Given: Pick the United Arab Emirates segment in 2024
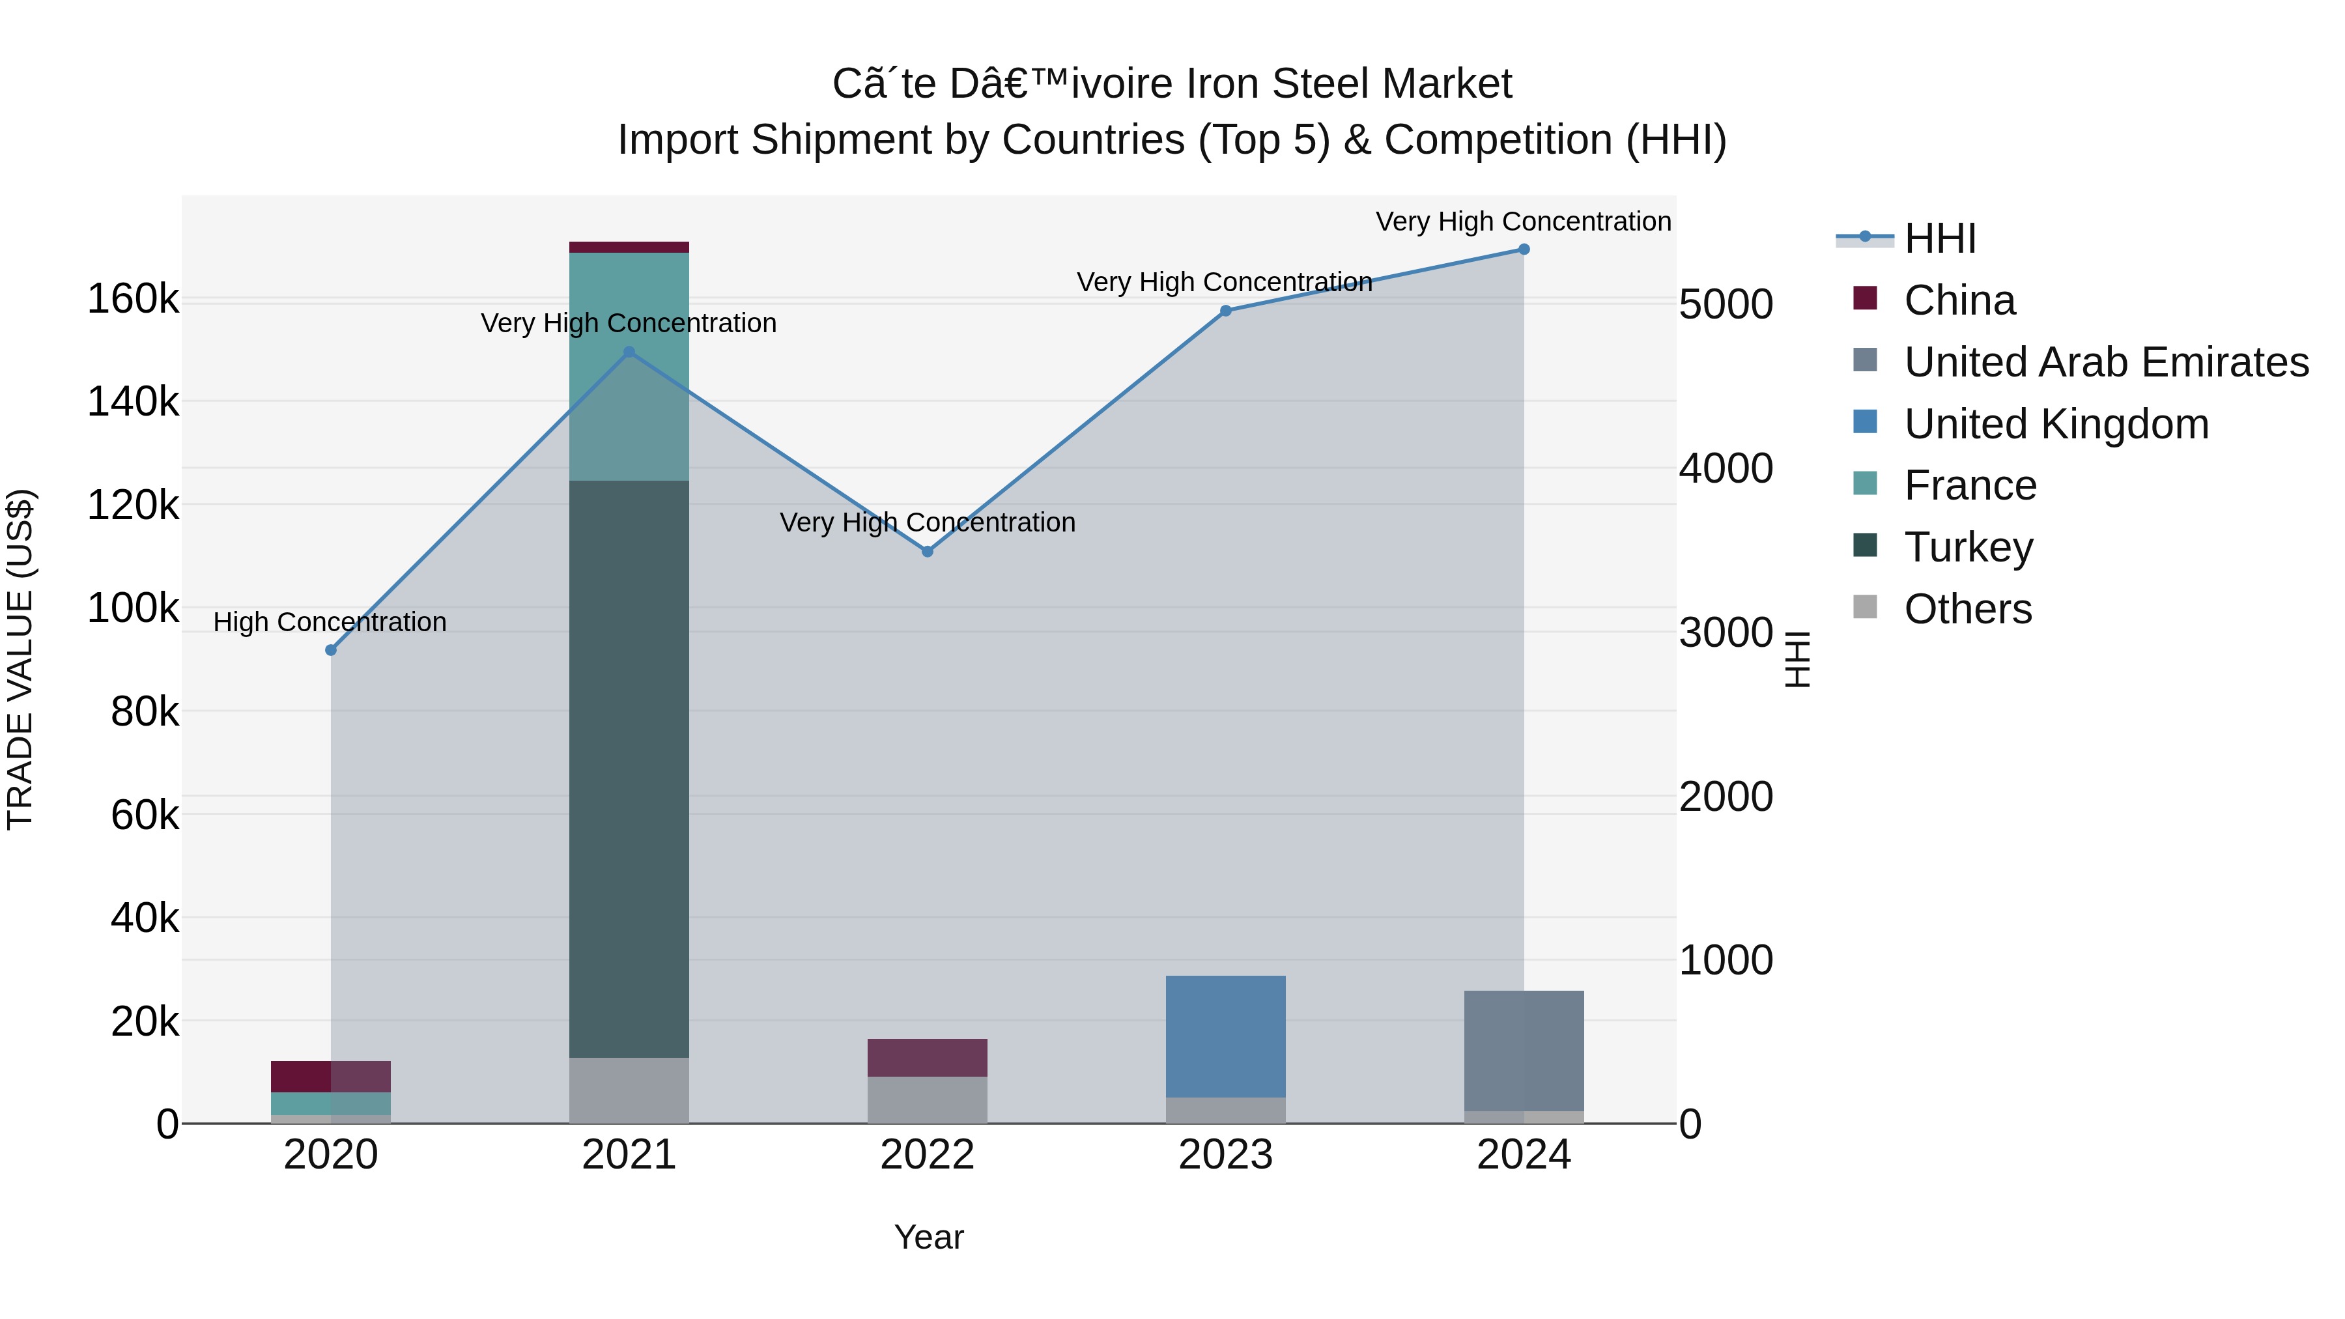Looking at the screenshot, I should click(1523, 1051).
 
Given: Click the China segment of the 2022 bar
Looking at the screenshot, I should click(927, 1058).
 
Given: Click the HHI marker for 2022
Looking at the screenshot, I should click(927, 552).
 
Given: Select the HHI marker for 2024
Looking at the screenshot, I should click(1523, 249).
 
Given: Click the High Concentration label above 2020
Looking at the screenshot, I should click(330, 623).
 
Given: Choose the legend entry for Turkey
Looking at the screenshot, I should click(1968, 547).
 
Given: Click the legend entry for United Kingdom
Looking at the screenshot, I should click(2056, 424).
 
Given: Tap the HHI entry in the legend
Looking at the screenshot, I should click(1939, 238).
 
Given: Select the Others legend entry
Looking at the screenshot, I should click(1967, 609).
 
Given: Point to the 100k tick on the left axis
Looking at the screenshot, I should click(133, 608).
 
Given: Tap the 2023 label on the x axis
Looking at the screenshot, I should click(1225, 1155).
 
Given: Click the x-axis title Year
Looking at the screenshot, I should click(928, 1237).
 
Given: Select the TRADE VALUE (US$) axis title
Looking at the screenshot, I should click(20, 659).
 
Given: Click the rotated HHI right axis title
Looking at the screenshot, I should click(1797, 659).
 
